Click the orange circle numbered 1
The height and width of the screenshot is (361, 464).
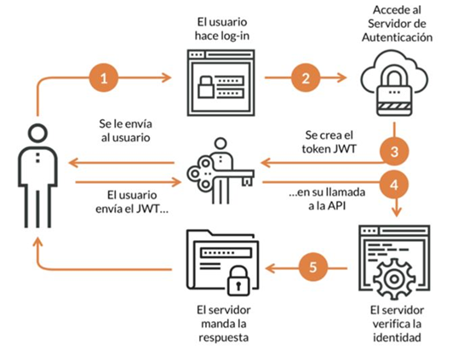(104, 77)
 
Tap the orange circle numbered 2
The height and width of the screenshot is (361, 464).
(306, 77)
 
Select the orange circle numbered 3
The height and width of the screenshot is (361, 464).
(394, 152)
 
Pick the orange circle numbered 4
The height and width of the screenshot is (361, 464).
(394, 185)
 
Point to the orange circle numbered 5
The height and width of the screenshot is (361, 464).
(313, 266)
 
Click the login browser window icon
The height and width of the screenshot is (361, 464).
(221, 83)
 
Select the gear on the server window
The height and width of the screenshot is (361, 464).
(393, 279)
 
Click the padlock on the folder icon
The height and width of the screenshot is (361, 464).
(238, 281)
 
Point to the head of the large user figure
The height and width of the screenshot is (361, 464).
(37, 134)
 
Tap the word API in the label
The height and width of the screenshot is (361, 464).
(335, 206)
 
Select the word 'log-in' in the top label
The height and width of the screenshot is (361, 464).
(235, 36)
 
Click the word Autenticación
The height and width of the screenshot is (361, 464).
(397, 37)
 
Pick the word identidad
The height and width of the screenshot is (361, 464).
(397, 337)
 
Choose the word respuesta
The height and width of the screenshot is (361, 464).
(223, 338)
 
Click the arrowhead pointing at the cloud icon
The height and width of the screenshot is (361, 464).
(342, 77)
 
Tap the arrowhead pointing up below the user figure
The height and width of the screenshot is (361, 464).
(37, 244)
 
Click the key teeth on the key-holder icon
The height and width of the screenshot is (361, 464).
(248, 181)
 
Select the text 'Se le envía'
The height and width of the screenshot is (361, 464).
(125, 123)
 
